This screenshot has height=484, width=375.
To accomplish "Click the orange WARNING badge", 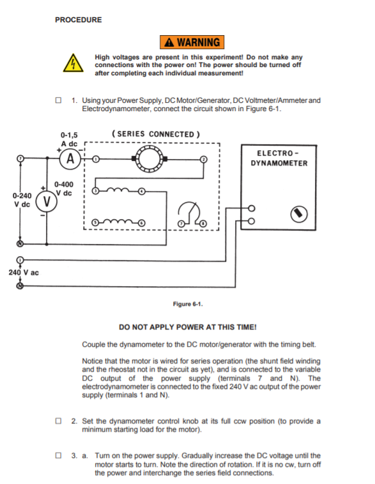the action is [x=192, y=42].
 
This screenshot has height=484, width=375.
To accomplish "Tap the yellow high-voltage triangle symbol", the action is [x=73, y=63].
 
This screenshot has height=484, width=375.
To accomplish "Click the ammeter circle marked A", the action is [x=70, y=159].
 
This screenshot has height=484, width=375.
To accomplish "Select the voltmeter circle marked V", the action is [x=47, y=201].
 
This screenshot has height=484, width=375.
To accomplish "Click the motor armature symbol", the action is [x=149, y=158].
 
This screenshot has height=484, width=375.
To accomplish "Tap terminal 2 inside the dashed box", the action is [x=203, y=159].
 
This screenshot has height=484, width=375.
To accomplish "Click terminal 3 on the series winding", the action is [x=95, y=191].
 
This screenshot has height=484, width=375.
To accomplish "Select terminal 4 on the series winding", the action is [x=141, y=192].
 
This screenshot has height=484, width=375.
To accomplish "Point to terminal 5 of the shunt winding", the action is [x=95, y=222].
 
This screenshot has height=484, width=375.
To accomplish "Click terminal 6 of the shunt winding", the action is [x=141, y=223].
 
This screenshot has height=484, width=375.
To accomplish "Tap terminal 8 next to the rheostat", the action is [x=203, y=223].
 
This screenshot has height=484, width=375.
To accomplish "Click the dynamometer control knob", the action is [x=299, y=214].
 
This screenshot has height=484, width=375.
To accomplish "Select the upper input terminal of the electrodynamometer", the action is [x=252, y=208].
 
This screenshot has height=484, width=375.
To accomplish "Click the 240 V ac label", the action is [x=24, y=273].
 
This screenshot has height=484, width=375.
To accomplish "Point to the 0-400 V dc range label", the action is [x=64, y=188].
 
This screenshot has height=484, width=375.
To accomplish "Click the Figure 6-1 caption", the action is [x=188, y=304].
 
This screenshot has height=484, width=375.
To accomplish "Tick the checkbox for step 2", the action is [x=58, y=421].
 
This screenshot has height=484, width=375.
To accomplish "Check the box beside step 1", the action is [x=58, y=100].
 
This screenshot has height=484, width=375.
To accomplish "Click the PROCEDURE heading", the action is [x=79, y=20].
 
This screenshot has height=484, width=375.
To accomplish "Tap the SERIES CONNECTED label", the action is [x=156, y=134].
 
